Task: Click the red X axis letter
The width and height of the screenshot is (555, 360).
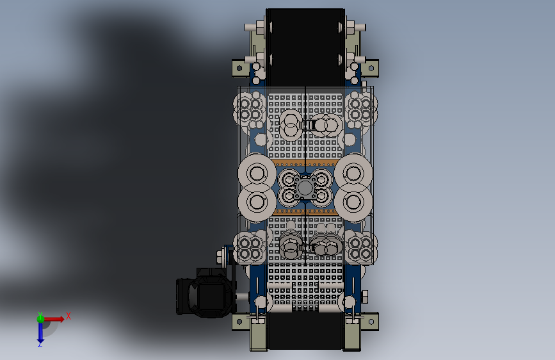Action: pos(68,316)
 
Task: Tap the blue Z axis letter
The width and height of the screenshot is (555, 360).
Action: pos(40,344)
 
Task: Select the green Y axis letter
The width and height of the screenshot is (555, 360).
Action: pos(40,315)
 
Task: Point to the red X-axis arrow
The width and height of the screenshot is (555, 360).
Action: pos(53,319)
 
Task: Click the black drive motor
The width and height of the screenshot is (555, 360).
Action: pos(205,292)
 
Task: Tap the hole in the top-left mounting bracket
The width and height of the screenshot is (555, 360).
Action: pos(239,68)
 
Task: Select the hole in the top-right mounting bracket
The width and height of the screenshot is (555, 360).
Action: pos(371,68)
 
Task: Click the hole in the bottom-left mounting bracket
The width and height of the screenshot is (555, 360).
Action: pos(239,322)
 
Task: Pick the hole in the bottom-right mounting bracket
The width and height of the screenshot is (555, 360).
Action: pos(371,322)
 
